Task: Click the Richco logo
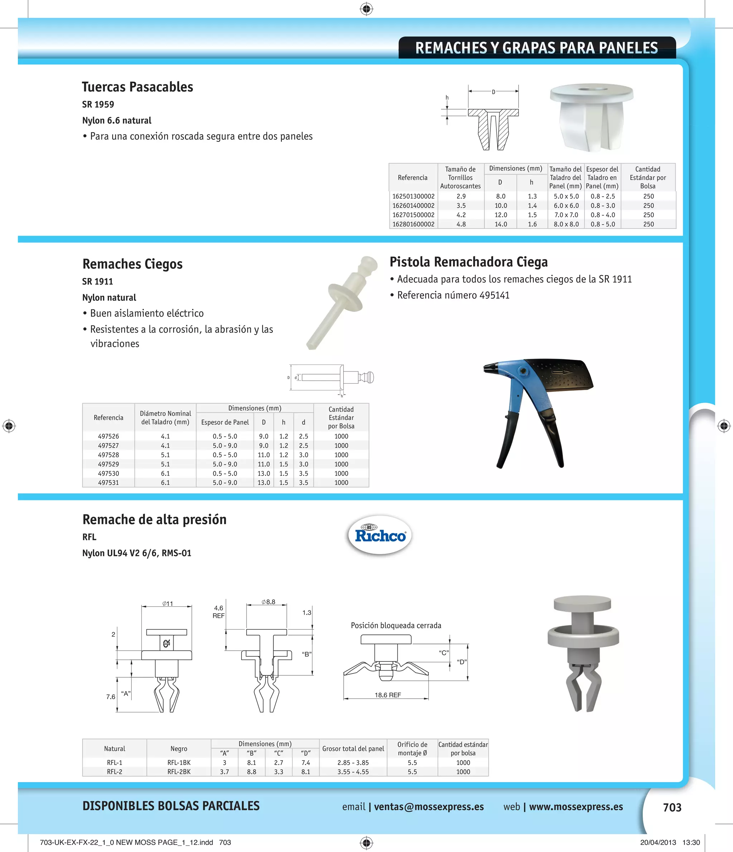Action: point(380,535)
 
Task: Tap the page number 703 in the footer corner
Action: point(672,807)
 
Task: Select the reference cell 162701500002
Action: point(413,215)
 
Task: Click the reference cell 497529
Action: point(108,464)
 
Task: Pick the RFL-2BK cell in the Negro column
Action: point(179,771)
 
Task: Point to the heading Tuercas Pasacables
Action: point(137,87)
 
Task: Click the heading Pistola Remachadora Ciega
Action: point(469,261)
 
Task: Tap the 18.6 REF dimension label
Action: point(388,694)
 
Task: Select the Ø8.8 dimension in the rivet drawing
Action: point(268,602)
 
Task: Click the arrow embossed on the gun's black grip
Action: point(560,372)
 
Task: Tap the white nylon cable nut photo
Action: point(591,118)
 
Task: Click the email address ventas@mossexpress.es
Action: point(429,807)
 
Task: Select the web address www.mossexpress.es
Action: point(576,807)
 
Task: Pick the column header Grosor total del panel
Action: point(353,748)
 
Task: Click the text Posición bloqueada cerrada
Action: point(396,625)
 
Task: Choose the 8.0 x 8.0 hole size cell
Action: point(566,224)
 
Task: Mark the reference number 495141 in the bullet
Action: point(494,295)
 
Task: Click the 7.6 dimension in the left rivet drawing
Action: point(111,697)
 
